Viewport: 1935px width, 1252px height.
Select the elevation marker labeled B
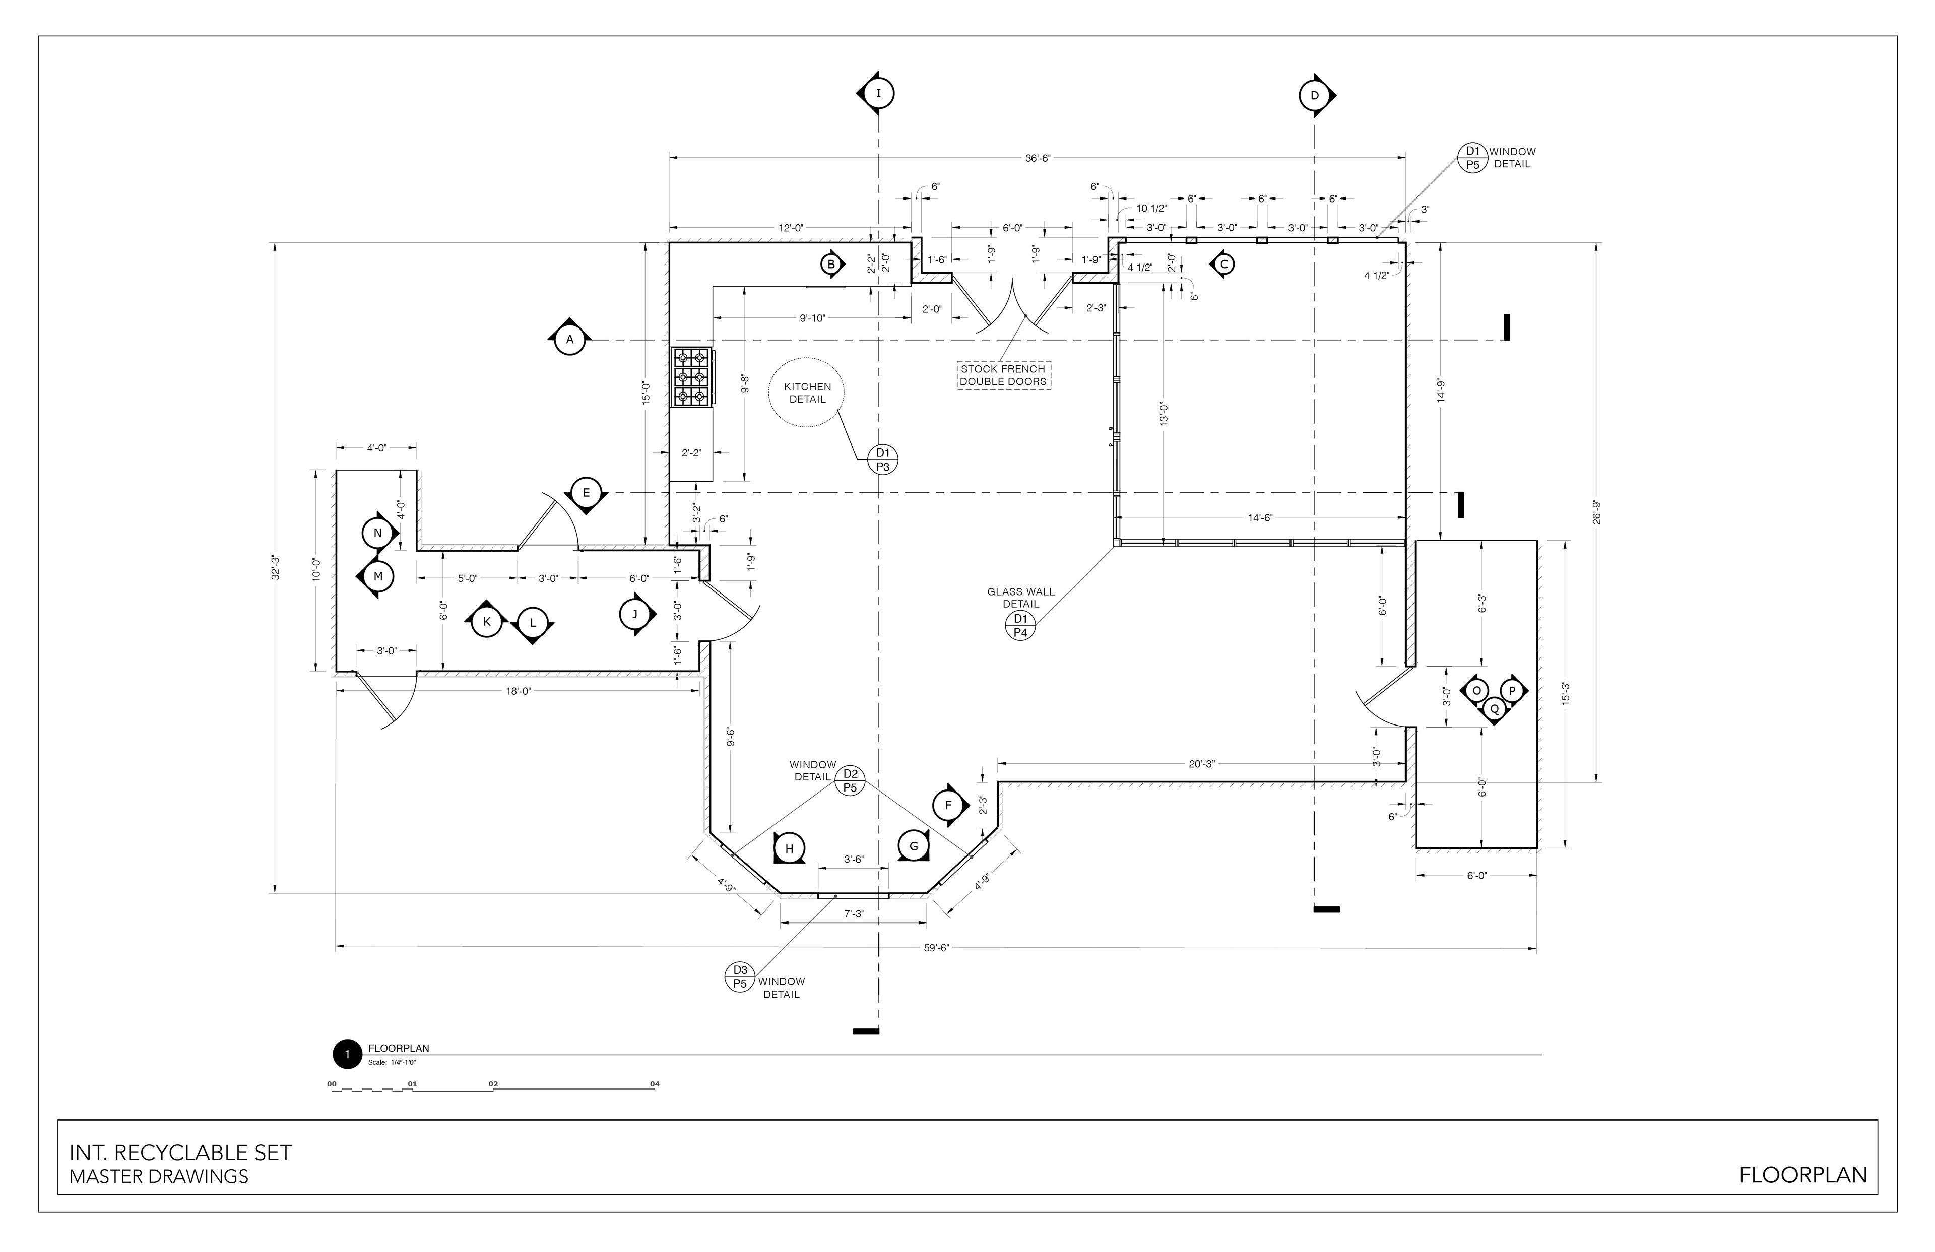coord(832,264)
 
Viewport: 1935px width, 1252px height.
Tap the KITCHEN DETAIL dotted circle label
coord(807,392)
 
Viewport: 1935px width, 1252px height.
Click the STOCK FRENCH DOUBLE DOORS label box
coord(1003,375)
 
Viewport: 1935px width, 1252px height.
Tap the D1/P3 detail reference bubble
coord(883,459)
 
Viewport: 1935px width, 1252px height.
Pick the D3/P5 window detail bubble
coord(740,976)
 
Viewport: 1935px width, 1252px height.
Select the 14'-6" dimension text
coord(1260,518)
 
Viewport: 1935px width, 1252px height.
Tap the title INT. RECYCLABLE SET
coord(180,1153)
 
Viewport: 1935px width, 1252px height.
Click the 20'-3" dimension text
coord(1202,764)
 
